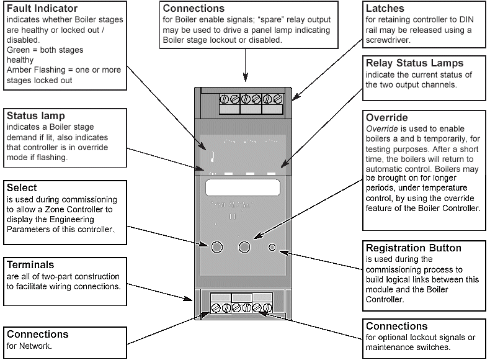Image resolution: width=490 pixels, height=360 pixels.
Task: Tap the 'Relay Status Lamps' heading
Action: click(x=414, y=63)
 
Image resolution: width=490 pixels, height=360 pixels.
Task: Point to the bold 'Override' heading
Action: click(x=387, y=117)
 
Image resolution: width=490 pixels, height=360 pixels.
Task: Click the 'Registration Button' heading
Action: click(x=414, y=248)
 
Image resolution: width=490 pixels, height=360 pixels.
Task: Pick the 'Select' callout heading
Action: click(x=22, y=187)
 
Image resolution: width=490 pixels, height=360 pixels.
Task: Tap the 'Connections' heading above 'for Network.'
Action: click(x=37, y=334)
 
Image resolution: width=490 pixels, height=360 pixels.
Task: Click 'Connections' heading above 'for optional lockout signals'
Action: click(x=397, y=326)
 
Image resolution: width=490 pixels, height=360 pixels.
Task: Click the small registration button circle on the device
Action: click(x=272, y=248)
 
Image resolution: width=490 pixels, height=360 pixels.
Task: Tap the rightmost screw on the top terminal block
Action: click(x=278, y=99)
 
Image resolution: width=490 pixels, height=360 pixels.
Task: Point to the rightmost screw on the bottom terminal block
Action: click(x=267, y=307)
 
